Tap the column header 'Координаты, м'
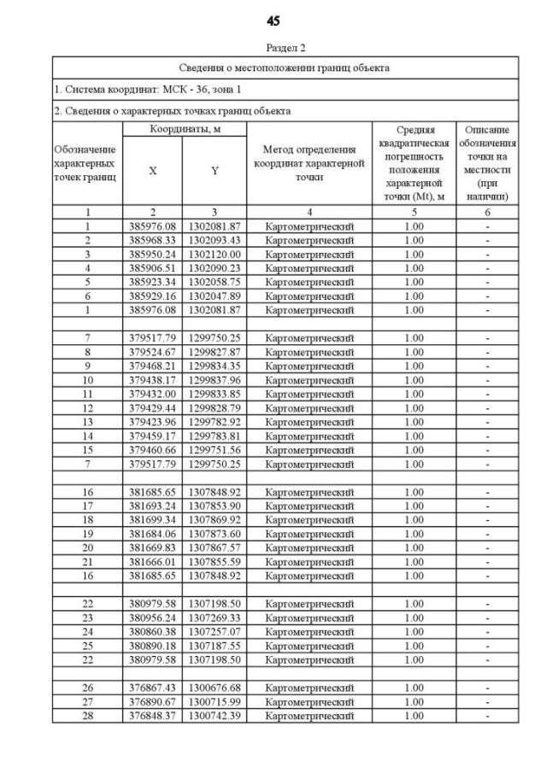pyautogui.click(x=185, y=128)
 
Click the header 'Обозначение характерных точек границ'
pyautogui.click(x=86, y=163)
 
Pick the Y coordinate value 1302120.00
pyautogui.click(x=215, y=254)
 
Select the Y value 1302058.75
pyautogui.click(x=215, y=281)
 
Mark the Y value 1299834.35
pyautogui.click(x=215, y=366)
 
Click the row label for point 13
pyautogui.click(x=87, y=422)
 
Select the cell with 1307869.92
pyautogui.click(x=215, y=519)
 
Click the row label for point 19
pyautogui.click(x=87, y=534)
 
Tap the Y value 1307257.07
pyautogui.click(x=215, y=631)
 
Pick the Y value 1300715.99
pyautogui.click(x=215, y=701)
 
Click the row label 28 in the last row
pyautogui.click(x=87, y=715)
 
